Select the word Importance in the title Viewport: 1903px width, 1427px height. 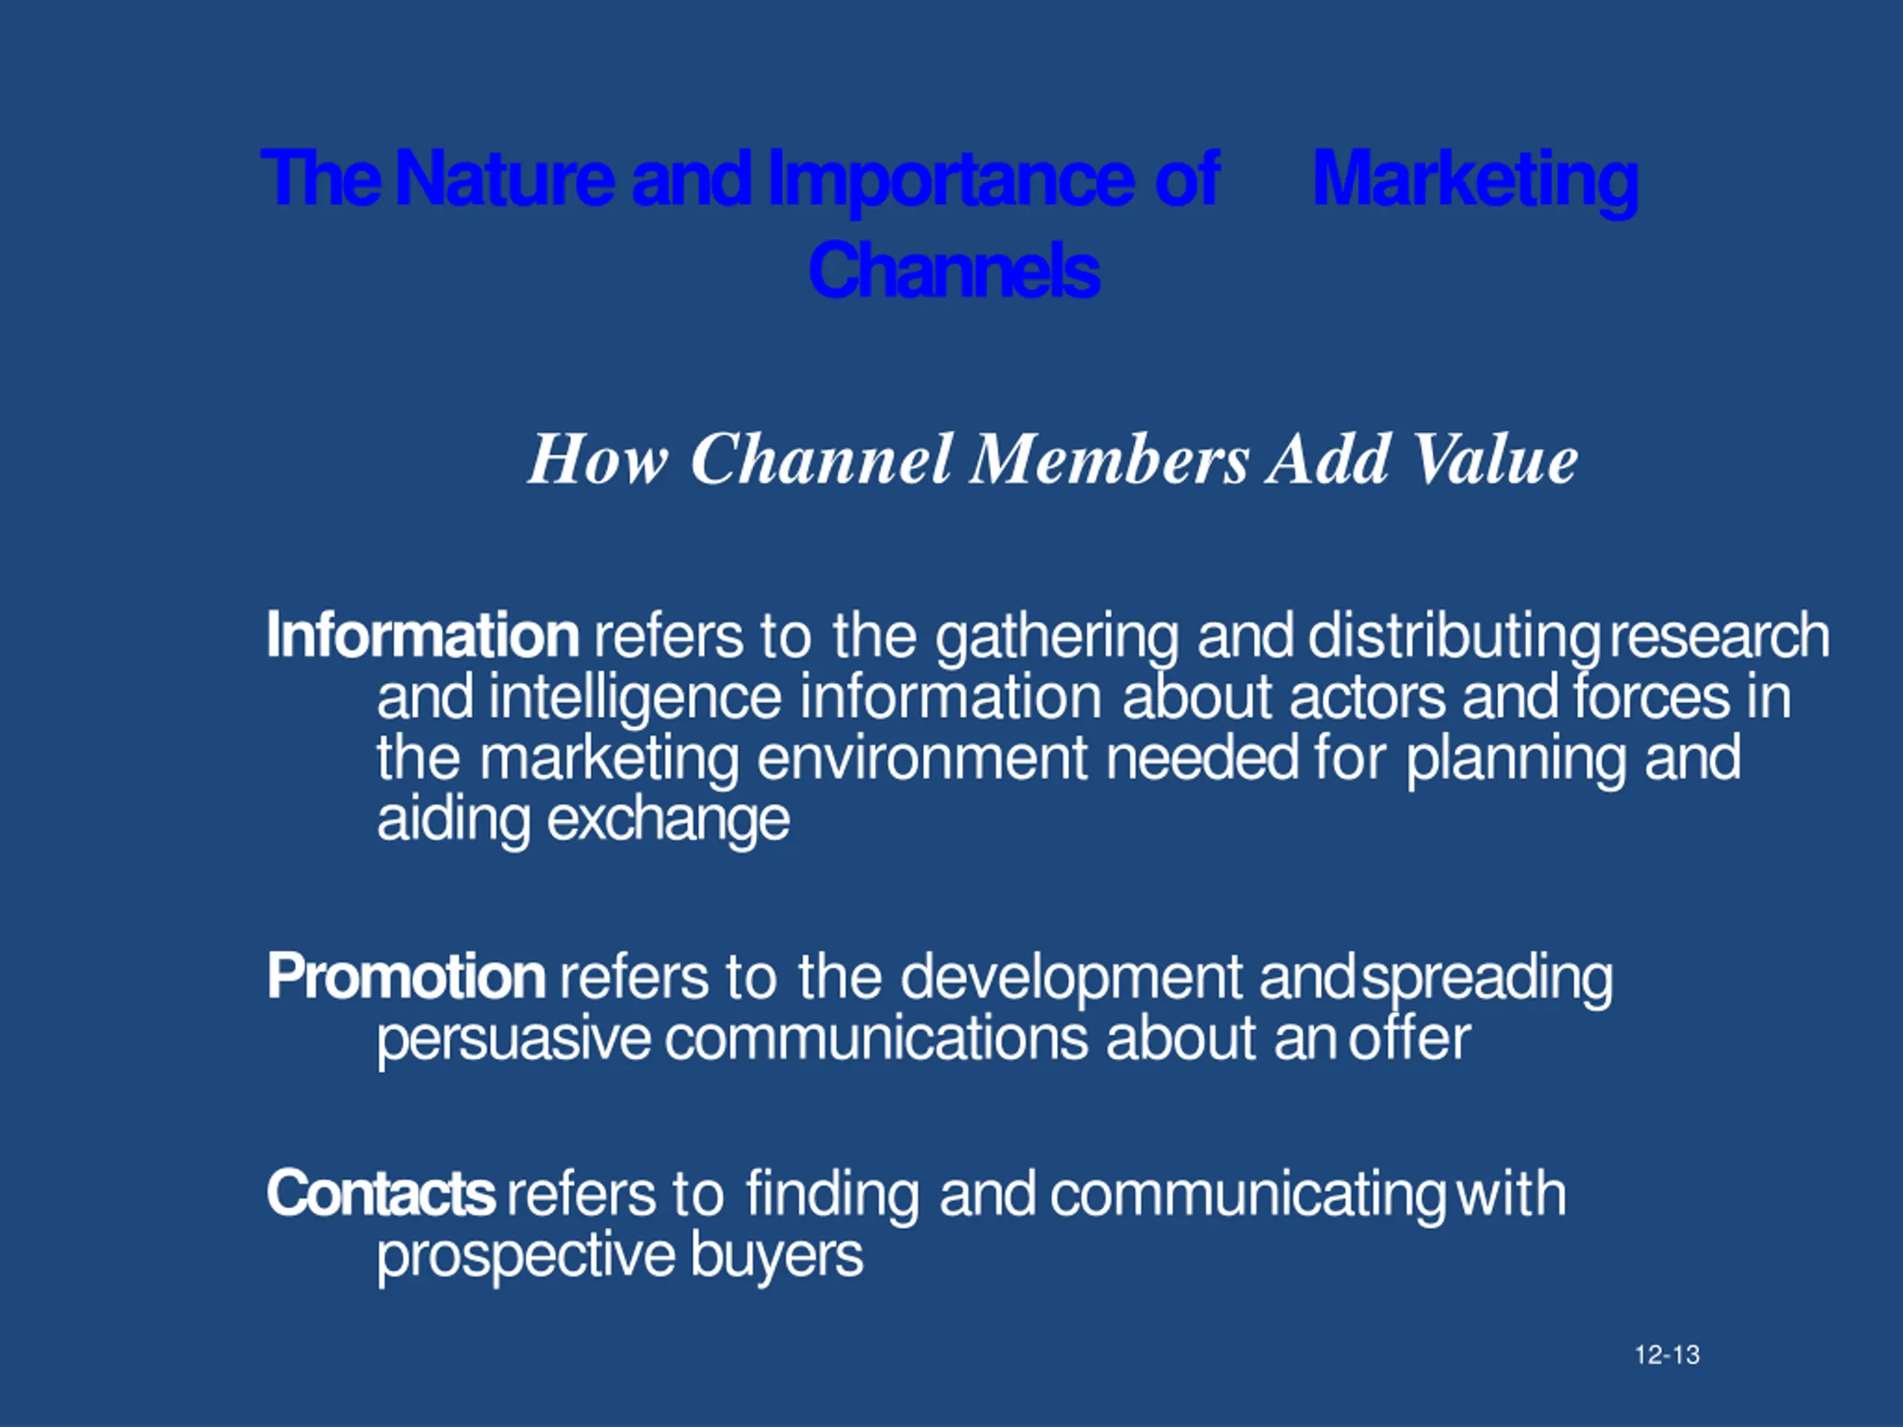pyautogui.click(x=950, y=179)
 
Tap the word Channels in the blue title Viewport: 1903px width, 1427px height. pyautogui.click(x=953, y=269)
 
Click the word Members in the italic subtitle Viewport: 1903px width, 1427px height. pyautogui.click(x=1109, y=459)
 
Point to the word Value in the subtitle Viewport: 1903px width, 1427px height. pyautogui.click(x=1495, y=459)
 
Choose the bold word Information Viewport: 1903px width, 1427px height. pyautogui.click(x=422, y=635)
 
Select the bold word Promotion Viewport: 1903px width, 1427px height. pyautogui.click(x=405, y=977)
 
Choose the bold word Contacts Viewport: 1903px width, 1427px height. pyautogui.click(x=381, y=1194)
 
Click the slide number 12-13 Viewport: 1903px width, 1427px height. pyautogui.click(x=1667, y=1356)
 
